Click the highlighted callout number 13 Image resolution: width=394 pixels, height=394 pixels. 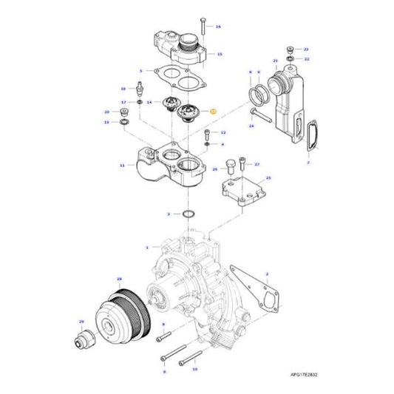click(213, 109)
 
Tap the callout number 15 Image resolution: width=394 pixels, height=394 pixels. click(219, 55)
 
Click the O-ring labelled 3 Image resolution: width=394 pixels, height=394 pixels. click(188, 214)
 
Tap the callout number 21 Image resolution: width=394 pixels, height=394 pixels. click(275, 61)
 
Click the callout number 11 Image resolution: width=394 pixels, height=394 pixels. click(122, 167)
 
